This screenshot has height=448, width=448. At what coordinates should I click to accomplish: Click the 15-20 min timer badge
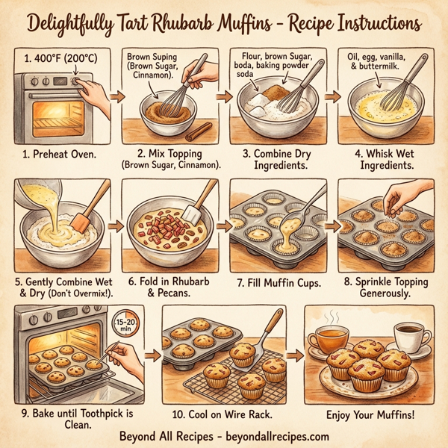click(124, 323)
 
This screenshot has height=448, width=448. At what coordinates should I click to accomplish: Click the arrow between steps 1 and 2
click(116, 96)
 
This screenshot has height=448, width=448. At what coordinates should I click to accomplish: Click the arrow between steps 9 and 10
click(151, 357)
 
